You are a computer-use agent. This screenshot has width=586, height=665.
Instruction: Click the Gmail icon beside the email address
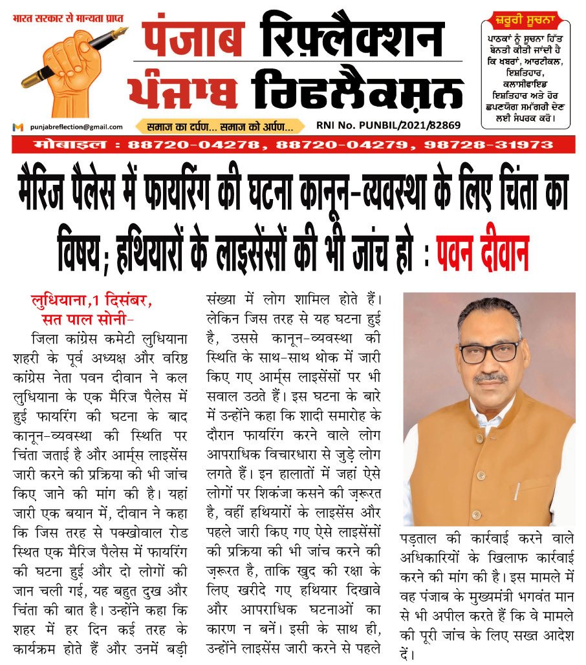pyautogui.click(x=18, y=127)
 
